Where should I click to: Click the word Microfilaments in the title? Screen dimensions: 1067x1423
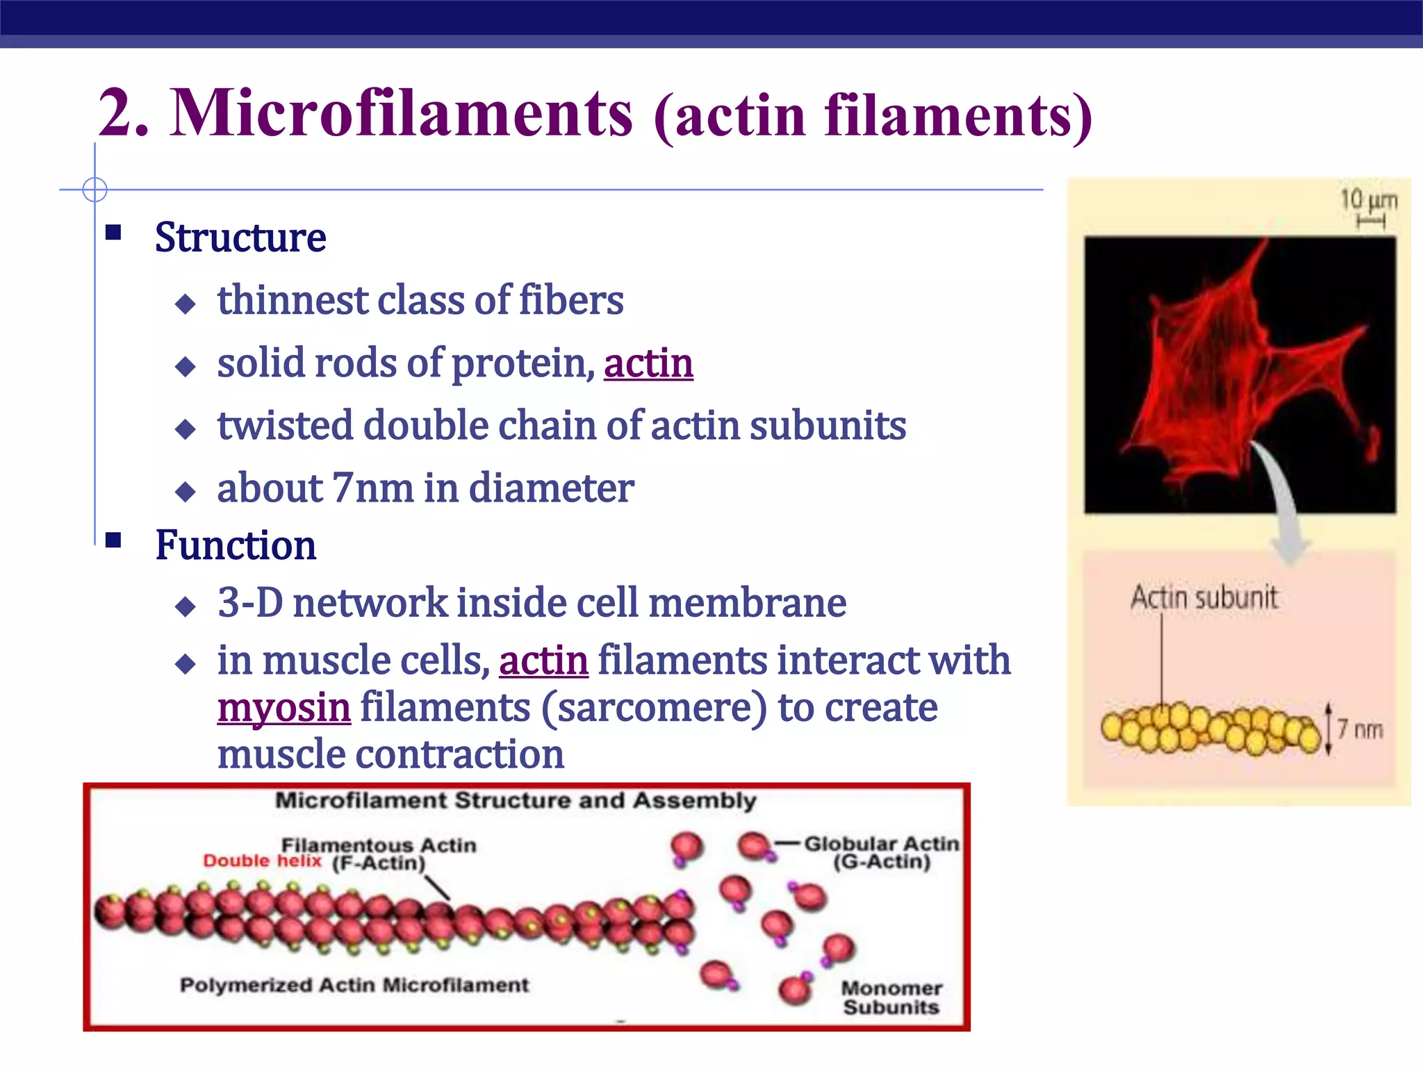coord(401,113)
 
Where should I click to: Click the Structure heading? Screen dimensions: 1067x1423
coord(240,238)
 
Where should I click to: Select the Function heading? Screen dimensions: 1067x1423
coord(236,545)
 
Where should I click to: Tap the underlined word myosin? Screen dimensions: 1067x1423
coord(283,709)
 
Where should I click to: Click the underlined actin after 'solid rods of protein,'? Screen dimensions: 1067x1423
coord(648,363)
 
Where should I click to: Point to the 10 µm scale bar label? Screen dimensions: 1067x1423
coord(1367,201)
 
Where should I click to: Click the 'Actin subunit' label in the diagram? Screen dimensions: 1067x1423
coord(1203,598)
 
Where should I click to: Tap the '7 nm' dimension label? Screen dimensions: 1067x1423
coord(1360,730)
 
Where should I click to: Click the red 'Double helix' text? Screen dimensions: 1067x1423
coord(262,861)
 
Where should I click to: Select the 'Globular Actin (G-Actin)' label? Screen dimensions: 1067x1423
coord(881,852)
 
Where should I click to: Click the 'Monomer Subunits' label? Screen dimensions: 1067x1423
coord(891,997)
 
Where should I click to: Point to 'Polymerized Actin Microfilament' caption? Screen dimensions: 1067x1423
coord(354,985)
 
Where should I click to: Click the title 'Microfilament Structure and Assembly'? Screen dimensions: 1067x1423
coord(515,800)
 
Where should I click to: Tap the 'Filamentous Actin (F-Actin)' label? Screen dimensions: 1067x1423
coord(379,854)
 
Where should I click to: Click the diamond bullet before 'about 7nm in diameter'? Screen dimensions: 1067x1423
coord(186,492)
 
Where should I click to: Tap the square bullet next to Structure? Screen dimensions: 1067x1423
coord(113,232)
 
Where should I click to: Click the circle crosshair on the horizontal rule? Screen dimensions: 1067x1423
coord(94,189)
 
